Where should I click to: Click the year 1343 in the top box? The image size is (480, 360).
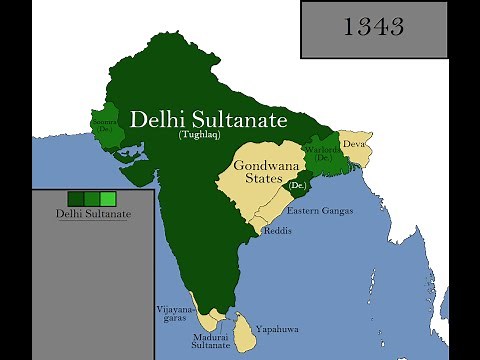tap(373, 27)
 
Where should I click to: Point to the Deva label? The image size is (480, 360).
tap(354, 144)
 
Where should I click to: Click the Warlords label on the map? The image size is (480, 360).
tap(323, 152)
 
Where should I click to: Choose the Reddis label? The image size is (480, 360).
tap(277, 230)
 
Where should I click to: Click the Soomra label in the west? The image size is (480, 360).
tap(103, 125)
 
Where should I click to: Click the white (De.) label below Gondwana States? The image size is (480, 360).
tap(297, 186)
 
